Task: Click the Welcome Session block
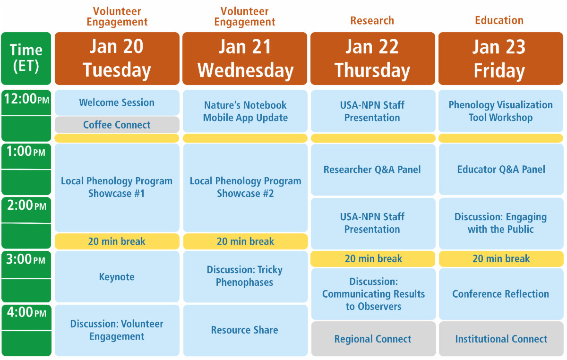point(117,103)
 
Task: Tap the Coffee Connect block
point(117,125)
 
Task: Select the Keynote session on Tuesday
point(117,276)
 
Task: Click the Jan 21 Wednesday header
point(245,59)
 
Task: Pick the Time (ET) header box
point(26,59)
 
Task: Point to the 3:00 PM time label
point(26,259)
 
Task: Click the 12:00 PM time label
point(26,99)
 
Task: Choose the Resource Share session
point(245,330)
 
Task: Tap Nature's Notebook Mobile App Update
point(245,111)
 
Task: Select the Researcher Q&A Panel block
point(373,169)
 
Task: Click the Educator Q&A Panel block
point(501,169)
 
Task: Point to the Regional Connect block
point(373,339)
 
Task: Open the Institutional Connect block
point(501,339)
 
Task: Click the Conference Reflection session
point(501,294)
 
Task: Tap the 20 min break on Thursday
point(373,259)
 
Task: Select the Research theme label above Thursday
point(372,20)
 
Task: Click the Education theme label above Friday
point(499,20)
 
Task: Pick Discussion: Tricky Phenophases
point(245,276)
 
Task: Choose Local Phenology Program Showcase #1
point(117,188)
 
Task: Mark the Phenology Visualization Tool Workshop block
point(501,111)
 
